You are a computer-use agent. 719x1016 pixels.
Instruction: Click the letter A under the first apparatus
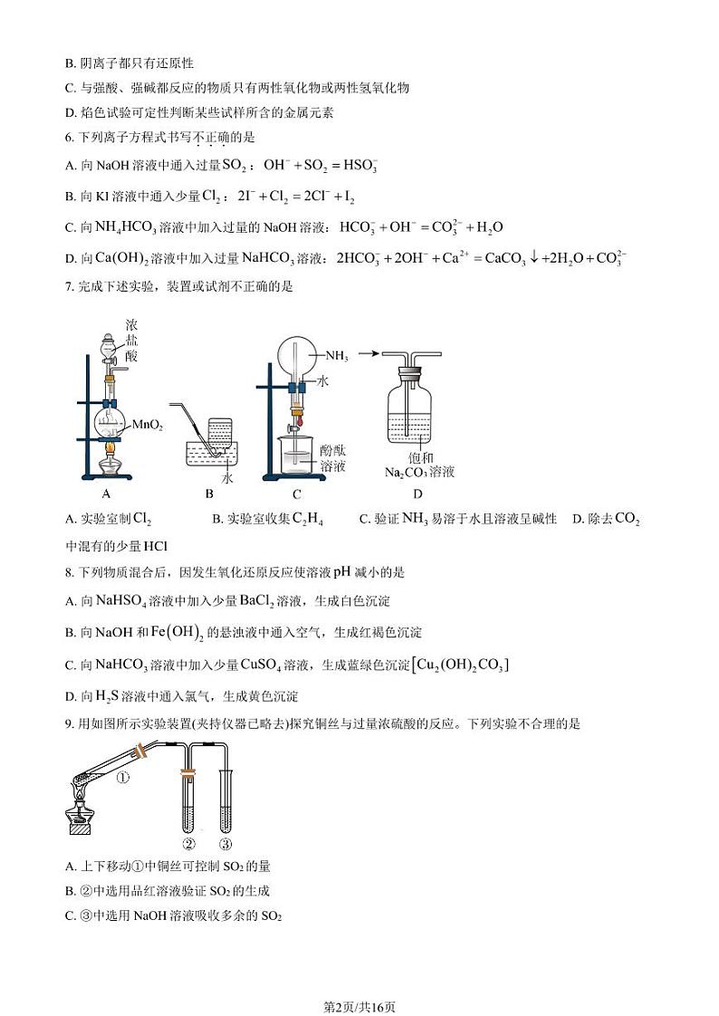(106, 494)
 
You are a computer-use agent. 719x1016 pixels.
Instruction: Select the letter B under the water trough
(209, 494)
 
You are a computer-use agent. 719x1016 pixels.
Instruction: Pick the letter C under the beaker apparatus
(296, 494)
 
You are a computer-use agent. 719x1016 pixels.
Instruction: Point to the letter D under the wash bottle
(417, 494)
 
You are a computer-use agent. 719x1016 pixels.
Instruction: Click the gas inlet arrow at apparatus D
(369, 354)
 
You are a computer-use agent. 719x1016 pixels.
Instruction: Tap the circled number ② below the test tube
(189, 844)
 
